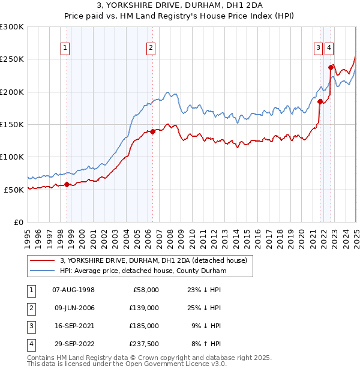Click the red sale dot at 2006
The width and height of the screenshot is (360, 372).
point(153,131)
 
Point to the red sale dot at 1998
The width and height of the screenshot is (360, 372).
point(67,184)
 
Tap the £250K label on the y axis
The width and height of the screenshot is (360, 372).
point(11,59)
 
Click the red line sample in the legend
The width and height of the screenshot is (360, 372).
point(41,260)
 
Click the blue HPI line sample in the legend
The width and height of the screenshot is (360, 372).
point(41,271)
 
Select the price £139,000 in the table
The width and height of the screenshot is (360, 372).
point(145,308)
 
